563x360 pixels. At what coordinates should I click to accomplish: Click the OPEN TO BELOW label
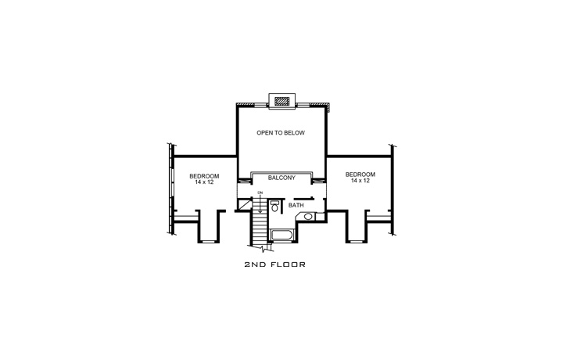(x=281, y=133)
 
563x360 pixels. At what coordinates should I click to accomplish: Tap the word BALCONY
(x=281, y=178)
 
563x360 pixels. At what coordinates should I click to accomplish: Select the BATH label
(x=296, y=205)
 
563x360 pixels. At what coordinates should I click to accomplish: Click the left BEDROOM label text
(x=204, y=175)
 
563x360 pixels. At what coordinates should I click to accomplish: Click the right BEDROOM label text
(x=360, y=174)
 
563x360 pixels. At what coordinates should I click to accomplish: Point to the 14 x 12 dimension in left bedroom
(x=204, y=182)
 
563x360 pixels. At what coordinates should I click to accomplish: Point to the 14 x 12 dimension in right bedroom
(x=360, y=180)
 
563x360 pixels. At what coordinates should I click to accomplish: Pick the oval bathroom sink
(x=309, y=216)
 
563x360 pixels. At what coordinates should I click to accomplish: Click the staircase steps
(x=260, y=227)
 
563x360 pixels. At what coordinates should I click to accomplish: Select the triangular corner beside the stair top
(x=243, y=205)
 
